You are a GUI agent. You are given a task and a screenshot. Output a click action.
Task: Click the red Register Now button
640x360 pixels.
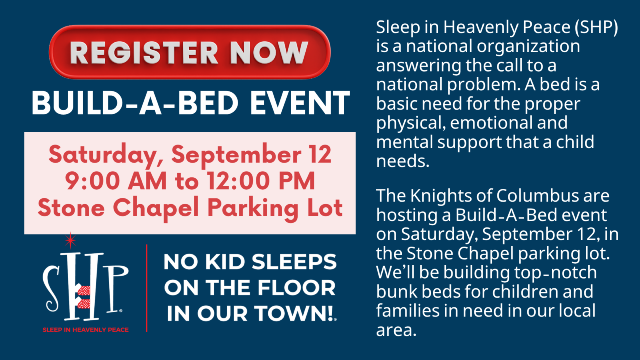click(x=190, y=52)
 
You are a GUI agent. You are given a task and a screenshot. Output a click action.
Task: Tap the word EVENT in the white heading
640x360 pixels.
click(x=300, y=103)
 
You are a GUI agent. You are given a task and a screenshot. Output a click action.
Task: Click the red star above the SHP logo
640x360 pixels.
click(x=70, y=240)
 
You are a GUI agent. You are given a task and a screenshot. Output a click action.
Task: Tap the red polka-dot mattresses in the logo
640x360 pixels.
click(x=84, y=298)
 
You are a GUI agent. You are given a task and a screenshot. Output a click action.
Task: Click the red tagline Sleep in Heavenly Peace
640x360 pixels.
click(x=86, y=330)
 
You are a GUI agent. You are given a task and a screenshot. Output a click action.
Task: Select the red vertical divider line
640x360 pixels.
click(x=146, y=288)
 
